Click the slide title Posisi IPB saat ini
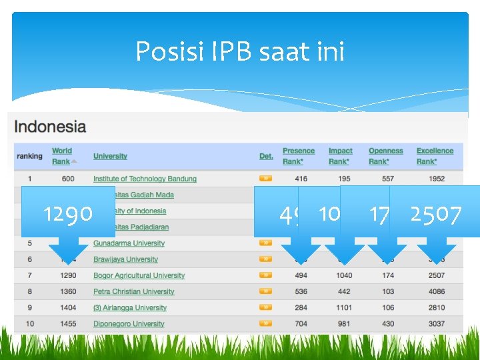(x=240, y=51)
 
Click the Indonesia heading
(x=50, y=126)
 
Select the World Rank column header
(x=62, y=156)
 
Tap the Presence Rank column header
(x=299, y=156)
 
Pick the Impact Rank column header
(x=340, y=156)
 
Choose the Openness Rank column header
(x=385, y=156)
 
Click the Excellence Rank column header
(x=435, y=156)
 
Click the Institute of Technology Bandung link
(x=145, y=179)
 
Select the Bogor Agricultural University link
(x=139, y=275)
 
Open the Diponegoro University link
(x=129, y=324)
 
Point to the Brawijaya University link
(x=125, y=259)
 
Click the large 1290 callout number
(x=68, y=214)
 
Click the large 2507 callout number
(x=436, y=215)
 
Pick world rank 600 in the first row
(x=68, y=179)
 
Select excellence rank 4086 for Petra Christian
(x=437, y=291)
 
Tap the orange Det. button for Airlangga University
(x=265, y=307)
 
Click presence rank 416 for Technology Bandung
(x=301, y=179)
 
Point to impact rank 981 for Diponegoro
(x=345, y=324)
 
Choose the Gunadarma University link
(x=129, y=243)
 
